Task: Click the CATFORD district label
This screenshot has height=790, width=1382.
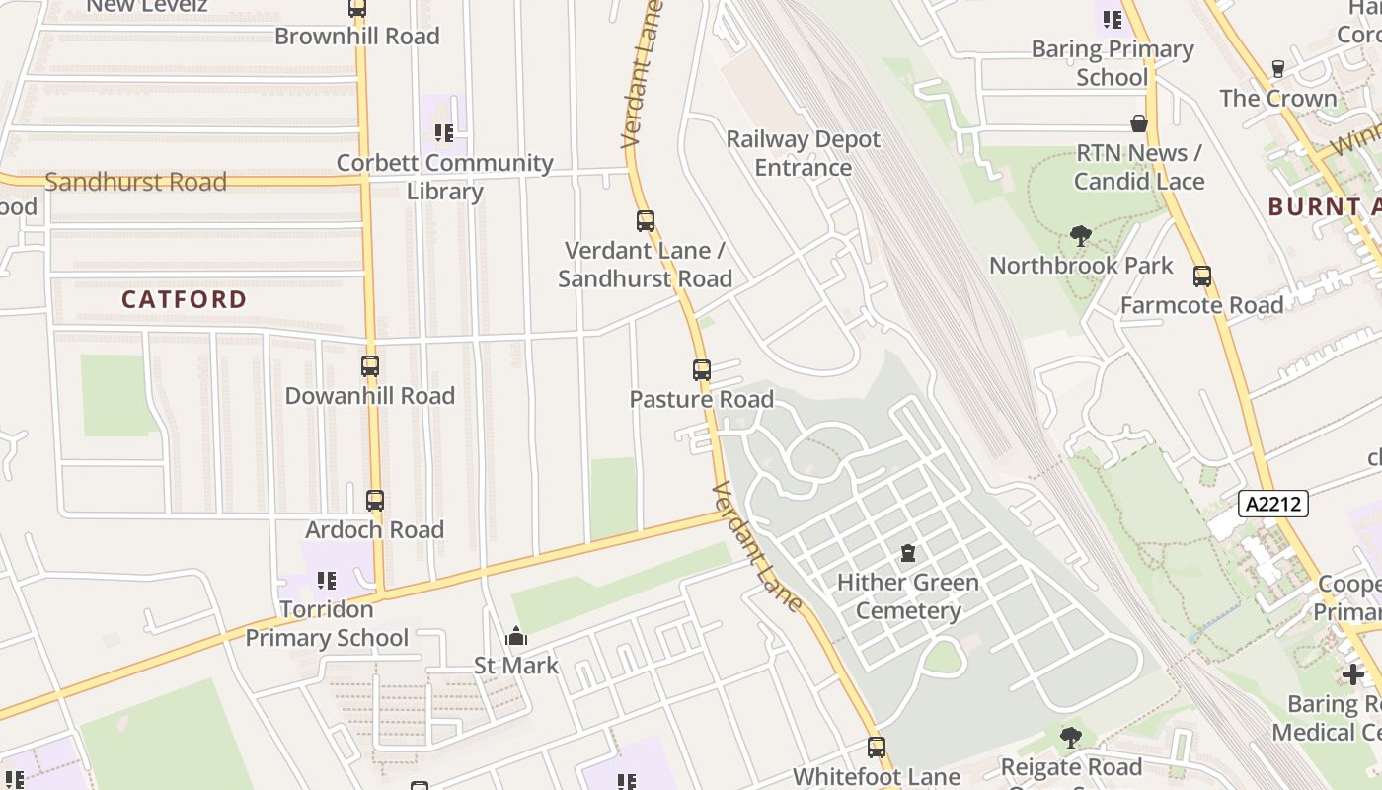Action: coord(185,299)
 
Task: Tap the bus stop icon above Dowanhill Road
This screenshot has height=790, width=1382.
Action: coord(370,366)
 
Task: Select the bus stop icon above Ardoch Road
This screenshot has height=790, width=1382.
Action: coord(374,501)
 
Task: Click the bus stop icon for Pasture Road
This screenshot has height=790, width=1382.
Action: coord(701,370)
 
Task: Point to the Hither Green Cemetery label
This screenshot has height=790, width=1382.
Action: coord(908,595)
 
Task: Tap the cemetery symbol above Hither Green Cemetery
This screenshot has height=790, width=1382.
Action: coord(908,553)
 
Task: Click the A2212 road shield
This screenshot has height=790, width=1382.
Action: coord(1273,504)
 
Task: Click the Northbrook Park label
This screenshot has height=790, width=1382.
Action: coord(1081,266)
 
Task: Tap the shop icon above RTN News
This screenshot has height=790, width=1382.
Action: coord(1139,124)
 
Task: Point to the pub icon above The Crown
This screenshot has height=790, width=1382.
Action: coord(1278,69)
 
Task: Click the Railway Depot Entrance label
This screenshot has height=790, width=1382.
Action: coord(803,153)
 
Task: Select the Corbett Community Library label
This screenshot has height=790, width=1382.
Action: coord(445,176)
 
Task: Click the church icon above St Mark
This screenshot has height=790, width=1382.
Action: coord(515,637)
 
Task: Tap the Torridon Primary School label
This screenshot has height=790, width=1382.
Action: coord(327,623)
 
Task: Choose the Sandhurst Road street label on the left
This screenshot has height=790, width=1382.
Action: coord(136,182)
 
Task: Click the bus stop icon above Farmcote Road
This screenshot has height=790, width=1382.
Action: coord(1201,276)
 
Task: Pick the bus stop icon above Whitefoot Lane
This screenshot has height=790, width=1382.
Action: coord(876,748)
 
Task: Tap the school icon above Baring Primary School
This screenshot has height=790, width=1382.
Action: coord(1113,19)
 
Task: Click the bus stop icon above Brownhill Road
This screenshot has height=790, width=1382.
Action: coord(357,9)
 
